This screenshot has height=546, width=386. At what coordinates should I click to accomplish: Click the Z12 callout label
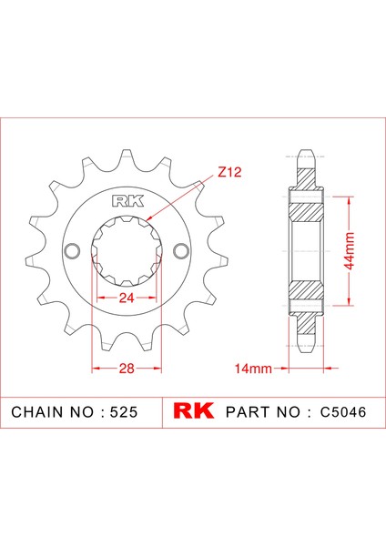229,172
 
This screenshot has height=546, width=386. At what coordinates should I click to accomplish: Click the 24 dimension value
127,298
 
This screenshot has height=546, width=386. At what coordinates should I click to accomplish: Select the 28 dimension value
127,368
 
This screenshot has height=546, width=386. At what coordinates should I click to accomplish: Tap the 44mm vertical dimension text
349,251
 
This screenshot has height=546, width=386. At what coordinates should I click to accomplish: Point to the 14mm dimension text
253,369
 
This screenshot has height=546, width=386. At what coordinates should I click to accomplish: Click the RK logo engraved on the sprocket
127,201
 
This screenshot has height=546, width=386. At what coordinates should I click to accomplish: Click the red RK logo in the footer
194,411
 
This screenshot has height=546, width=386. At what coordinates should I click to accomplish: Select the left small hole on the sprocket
73,251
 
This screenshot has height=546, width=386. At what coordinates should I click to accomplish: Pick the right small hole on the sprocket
181,251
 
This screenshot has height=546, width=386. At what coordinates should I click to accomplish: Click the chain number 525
124,412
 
